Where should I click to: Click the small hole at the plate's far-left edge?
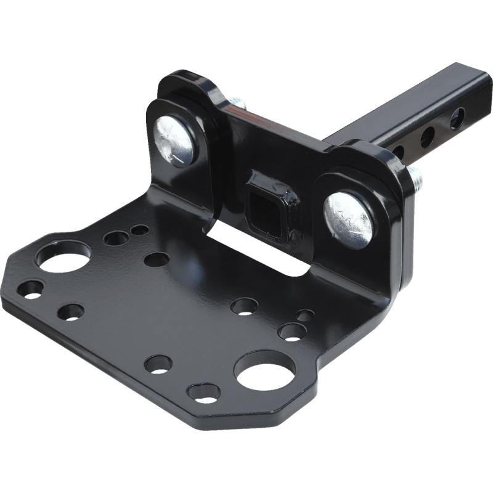[30, 288]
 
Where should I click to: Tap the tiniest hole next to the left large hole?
[140, 230]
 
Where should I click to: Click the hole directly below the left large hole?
[71, 311]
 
